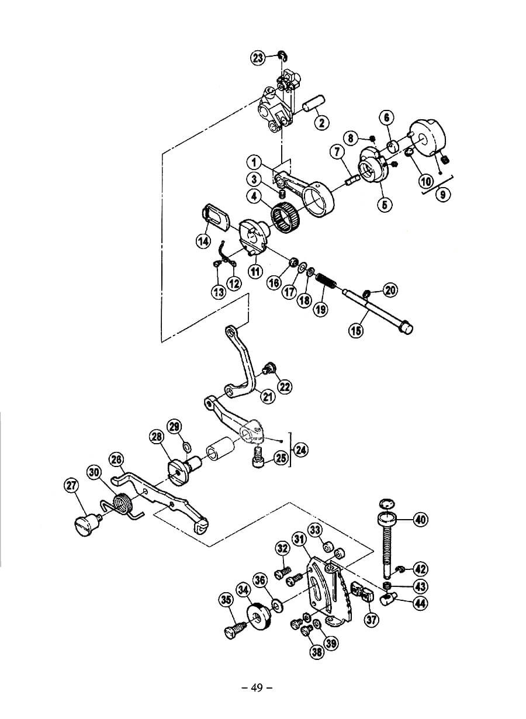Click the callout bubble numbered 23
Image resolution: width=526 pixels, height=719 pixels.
258,57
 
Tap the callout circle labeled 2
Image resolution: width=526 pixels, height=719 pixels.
321,122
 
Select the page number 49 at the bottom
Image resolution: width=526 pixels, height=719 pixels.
257,687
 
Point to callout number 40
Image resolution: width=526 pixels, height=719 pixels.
420,519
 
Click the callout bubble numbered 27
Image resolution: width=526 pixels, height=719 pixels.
71,485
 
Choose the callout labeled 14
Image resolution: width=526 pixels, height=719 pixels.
203,240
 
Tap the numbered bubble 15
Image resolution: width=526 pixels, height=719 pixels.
356,331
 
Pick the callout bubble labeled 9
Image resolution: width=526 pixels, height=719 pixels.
444,194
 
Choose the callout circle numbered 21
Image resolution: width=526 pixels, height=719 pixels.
268,397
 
